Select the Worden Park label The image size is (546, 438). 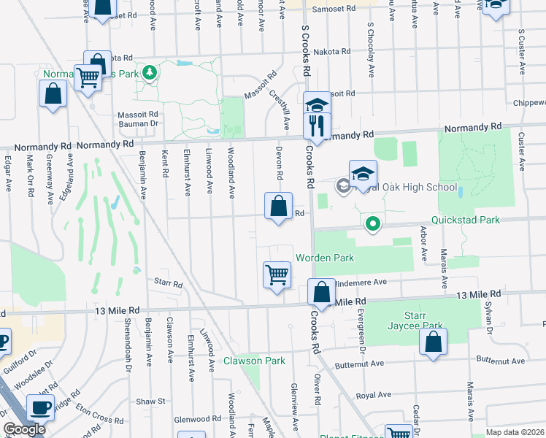click(x=324, y=258)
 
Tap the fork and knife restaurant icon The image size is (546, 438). click(x=317, y=125)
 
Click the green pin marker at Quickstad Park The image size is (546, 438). click(x=373, y=223)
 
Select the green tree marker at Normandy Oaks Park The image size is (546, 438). click(x=150, y=72)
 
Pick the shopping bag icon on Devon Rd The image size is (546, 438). click(x=278, y=206)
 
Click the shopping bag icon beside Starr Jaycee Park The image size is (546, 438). click(x=433, y=342)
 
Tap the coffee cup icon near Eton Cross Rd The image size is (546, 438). click(x=41, y=407)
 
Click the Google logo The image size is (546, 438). click(x=25, y=429)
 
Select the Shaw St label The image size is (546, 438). click(x=152, y=401)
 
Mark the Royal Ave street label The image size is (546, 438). click(x=374, y=395)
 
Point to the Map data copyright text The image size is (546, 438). click(x=515, y=432)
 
